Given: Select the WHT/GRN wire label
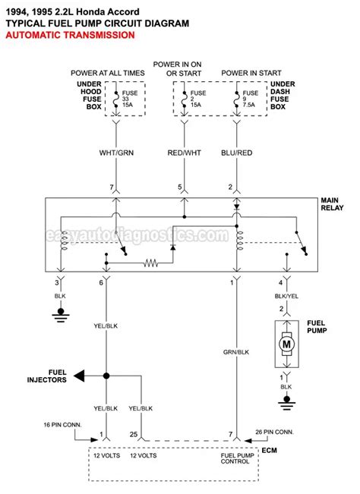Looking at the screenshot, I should (115, 153).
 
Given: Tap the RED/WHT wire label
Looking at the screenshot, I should (181, 153).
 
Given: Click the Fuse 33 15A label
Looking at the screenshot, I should (127, 102).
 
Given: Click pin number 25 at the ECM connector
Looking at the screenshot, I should (134, 436).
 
